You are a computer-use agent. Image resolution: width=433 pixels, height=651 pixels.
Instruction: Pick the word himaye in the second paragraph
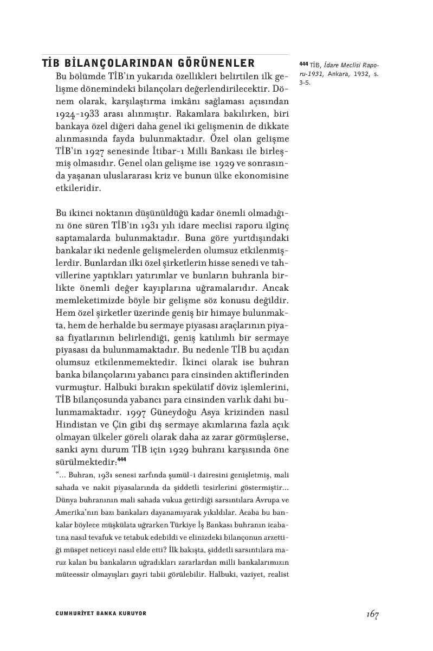(x=224, y=312)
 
